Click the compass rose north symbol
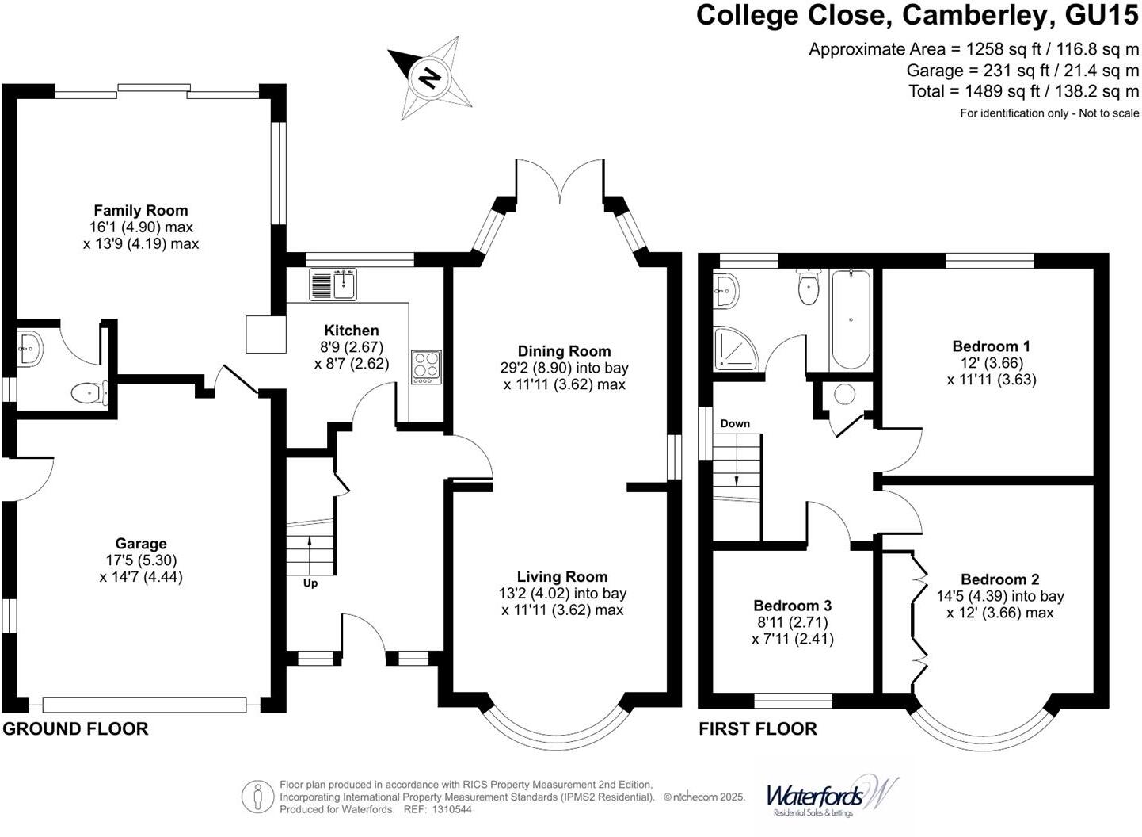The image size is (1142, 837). point(430,78)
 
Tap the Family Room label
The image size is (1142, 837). point(141,211)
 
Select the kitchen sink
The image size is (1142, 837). point(333,285)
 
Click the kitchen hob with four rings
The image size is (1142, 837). point(426,366)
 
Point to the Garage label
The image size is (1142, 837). point(141,544)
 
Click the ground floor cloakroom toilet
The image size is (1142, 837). point(87,392)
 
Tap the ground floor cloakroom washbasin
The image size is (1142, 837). point(30,347)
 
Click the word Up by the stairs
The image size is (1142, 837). point(310,583)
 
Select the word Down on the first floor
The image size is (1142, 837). point(735,423)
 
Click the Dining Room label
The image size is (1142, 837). point(564,351)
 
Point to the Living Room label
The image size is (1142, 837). point(562,577)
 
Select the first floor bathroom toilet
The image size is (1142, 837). point(808,287)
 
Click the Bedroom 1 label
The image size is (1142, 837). point(991,346)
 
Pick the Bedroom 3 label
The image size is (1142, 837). point(792,606)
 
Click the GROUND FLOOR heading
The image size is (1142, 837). point(75,729)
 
